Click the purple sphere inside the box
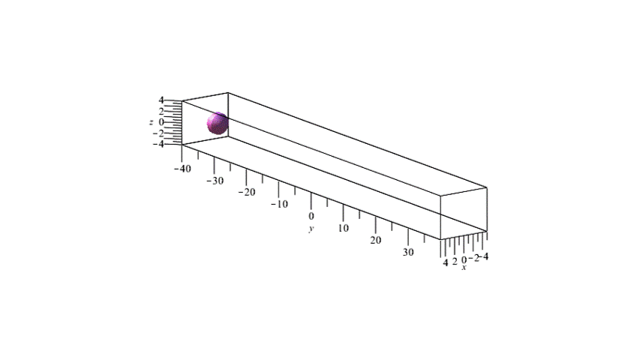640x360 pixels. point(218,123)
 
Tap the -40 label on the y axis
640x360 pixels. point(182,169)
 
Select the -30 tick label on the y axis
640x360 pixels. point(215,181)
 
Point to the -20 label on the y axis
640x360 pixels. point(247,192)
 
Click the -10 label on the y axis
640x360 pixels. point(279,204)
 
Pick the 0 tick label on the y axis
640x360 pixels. point(311,216)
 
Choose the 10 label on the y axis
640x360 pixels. point(344,228)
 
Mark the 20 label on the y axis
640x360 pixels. point(375,240)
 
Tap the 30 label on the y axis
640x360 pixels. point(408,252)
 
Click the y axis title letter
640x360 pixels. point(311,229)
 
